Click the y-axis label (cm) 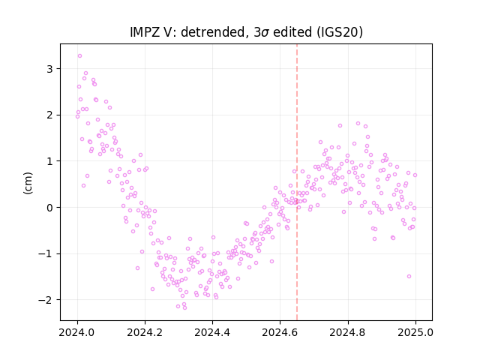(x=28, y=183)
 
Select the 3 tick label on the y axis (x=49, y=69)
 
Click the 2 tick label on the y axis (x=49, y=115)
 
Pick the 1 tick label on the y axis (x=49, y=161)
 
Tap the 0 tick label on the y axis (x=49, y=208)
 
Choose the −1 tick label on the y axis (x=46, y=253)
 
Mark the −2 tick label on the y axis (x=46, y=300)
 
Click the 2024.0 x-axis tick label (x=77, y=332)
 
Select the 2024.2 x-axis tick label (x=145, y=332)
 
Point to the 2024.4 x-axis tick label (x=212, y=332)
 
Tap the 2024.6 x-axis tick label (x=280, y=332)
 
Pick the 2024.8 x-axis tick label (x=348, y=332)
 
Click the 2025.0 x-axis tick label (x=415, y=332)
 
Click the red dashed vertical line (x=297, y=182)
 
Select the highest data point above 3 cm (x=80, y=56)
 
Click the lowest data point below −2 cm (x=184, y=307)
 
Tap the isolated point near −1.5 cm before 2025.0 (x=409, y=277)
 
